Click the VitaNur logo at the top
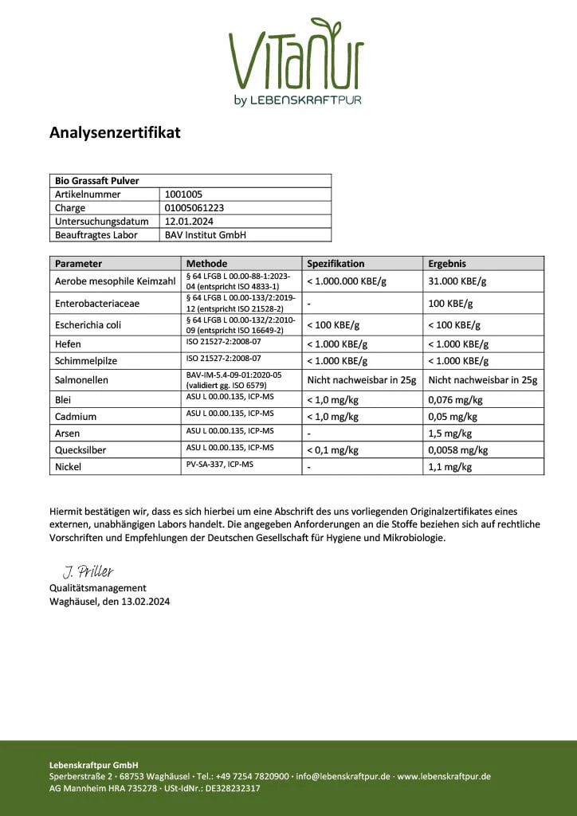(x=296, y=61)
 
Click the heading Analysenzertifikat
(x=115, y=132)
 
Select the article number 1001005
(x=183, y=194)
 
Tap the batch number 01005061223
(x=194, y=208)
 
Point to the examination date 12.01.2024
(x=188, y=222)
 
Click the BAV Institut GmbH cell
(x=205, y=235)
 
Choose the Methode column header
(x=206, y=263)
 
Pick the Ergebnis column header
(x=447, y=263)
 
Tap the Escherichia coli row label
(x=88, y=325)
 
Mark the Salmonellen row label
(x=81, y=380)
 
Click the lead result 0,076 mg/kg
(x=455, y=400)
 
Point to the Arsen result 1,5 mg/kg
(x=449, y=433)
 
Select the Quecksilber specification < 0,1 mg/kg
(x=332, y=450)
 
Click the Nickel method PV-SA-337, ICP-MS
(x=219, y=464)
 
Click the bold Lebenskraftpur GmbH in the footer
(x=94, y=765)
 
